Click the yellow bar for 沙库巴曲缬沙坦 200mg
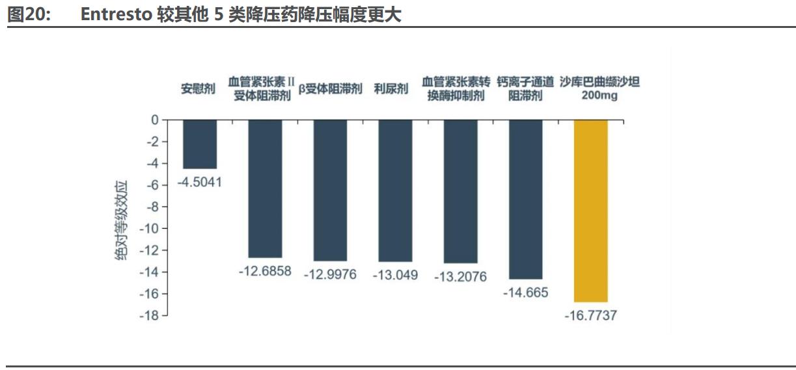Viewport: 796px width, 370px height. click(590, 211)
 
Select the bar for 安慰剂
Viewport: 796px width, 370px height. click(200, 144)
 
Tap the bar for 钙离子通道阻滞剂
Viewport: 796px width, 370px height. click(525, 199)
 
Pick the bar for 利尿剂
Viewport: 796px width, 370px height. click(395, 191)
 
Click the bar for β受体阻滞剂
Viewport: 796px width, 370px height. click(330, 190)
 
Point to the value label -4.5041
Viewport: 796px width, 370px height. click(200, 182)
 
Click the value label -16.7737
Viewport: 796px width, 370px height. click(590, 316)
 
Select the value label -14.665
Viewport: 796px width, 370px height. click(525, 293)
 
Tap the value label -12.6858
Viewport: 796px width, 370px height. click(265, 271)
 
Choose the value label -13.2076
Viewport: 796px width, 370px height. click(460, 276)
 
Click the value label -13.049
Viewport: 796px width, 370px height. click(395, 275)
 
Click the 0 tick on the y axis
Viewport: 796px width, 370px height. click(154, 120)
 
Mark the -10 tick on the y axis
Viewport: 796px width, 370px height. click(149, 228)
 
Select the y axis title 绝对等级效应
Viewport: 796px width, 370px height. click(122, 221)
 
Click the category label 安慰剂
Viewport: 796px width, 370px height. click(198, 89)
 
